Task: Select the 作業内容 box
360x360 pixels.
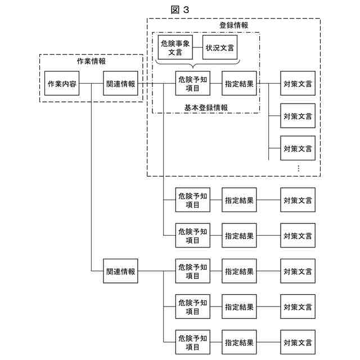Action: (62, 84)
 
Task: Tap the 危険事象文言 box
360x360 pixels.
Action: (175, 47)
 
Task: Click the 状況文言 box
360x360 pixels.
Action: (220, 47)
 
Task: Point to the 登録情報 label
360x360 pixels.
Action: (233, 25)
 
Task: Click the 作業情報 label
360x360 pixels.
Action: (91, 61)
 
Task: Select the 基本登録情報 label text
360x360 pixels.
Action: (206, 107)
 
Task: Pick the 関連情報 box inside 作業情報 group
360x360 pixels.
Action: (120, 84)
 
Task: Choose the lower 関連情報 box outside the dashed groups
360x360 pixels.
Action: (120, 271)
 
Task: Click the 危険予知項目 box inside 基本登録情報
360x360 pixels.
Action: (192, 84)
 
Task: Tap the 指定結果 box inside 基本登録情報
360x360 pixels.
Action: (239, 84)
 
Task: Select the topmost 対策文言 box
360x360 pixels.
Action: (298, 84)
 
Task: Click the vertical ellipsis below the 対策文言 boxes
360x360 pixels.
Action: (298, 168)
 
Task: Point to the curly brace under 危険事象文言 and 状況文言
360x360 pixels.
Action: (197, 63)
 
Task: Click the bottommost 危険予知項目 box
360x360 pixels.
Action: (192, 342)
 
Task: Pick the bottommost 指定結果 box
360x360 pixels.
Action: (239, 342)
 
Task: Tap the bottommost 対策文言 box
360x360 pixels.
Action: (298, 342)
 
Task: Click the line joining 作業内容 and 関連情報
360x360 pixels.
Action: (91, 84)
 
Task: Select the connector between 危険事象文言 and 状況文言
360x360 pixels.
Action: (197, 47)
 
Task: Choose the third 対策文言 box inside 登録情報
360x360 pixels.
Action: (298, 148)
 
